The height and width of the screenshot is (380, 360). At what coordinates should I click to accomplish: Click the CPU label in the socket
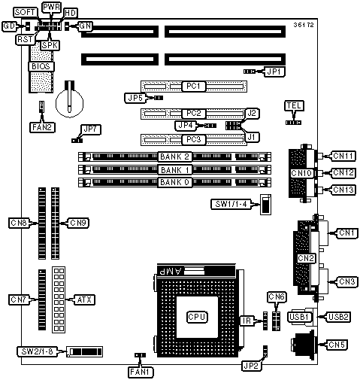tap(197, 317)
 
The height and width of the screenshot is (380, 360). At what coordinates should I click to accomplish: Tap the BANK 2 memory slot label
tap(174, 157)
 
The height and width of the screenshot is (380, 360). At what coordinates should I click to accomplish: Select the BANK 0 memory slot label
tap(174, 182)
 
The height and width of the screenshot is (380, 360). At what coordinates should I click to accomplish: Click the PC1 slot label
tap(193, 86)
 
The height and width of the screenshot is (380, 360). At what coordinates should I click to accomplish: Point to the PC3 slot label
tap(193, 139)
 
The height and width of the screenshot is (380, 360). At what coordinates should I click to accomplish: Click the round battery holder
tap(69, 103)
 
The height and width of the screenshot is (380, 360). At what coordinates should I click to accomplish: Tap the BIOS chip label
tap(41, 66)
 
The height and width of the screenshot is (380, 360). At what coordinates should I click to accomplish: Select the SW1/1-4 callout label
tap(231, 204)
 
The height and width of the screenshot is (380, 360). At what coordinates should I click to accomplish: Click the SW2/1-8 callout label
tap(37, 351)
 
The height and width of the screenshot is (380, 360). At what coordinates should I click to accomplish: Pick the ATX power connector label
tap(84, 299)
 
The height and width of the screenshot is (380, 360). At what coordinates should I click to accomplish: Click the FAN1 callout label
tap(141, 372)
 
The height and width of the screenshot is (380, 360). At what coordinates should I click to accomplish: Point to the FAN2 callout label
tap(42, 127)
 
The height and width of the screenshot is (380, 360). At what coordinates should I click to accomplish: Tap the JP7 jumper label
tap(91, 129)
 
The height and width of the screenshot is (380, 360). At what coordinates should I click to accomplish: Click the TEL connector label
tap(294, 105)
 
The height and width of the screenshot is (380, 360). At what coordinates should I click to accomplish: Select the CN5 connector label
tap(337, 345)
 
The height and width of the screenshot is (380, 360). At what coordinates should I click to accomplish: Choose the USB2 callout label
tap(338, 317)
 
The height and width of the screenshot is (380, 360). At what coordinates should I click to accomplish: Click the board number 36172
tap(304, 25)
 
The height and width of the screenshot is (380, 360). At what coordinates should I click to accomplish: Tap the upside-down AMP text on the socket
tap(171, 271)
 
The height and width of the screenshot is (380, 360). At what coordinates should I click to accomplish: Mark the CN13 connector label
tap(343, 190)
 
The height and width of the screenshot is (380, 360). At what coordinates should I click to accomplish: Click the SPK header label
tap(50, 45)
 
